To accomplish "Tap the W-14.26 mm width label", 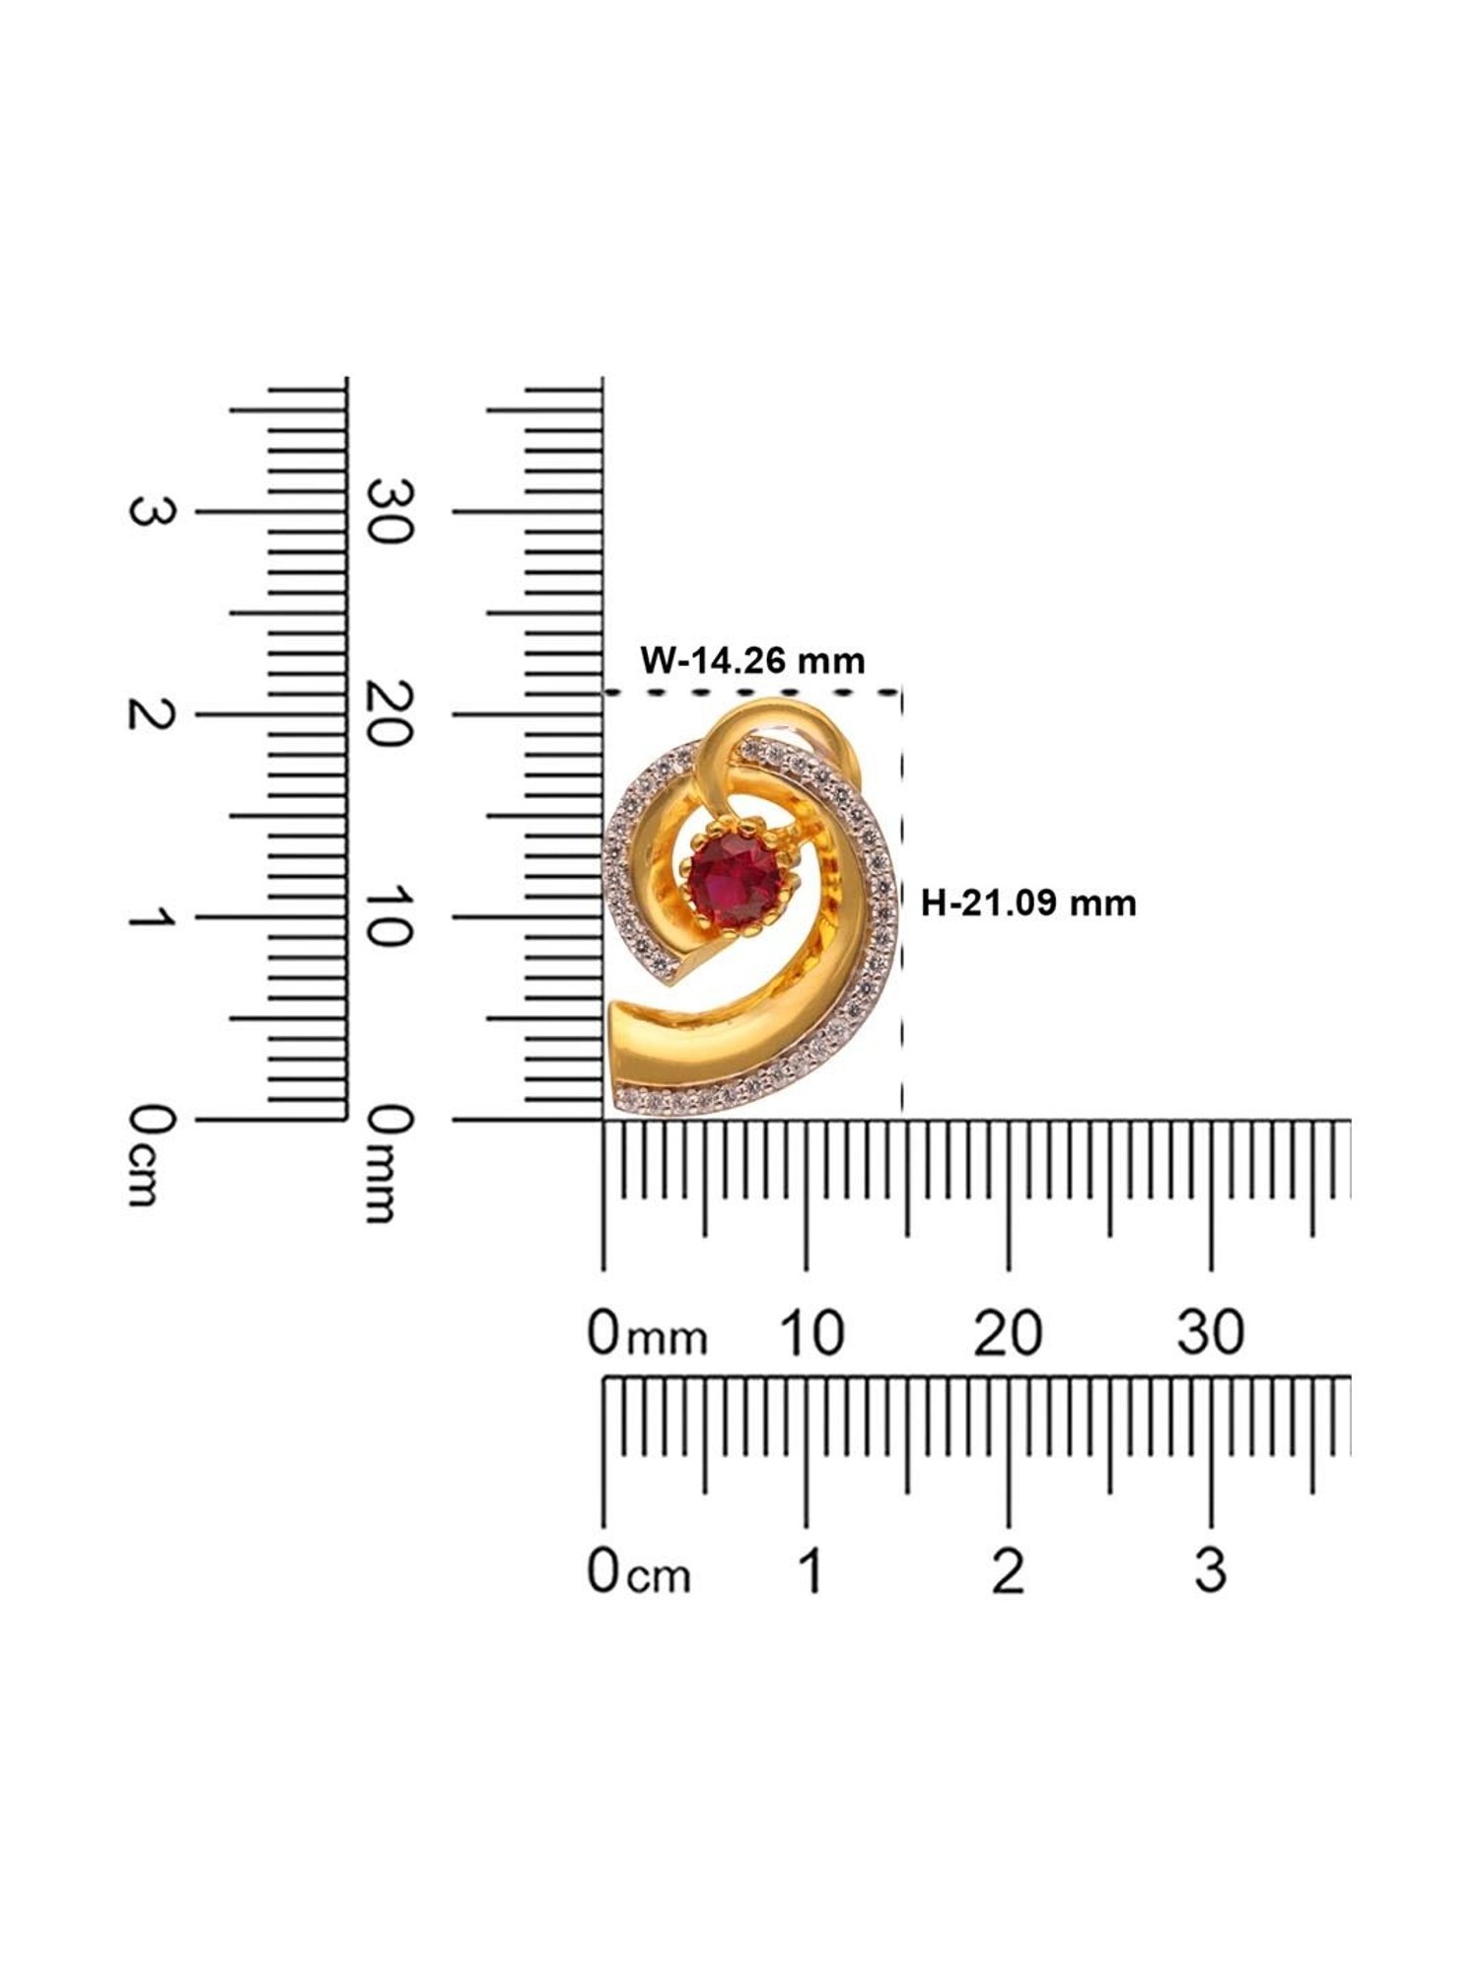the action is point(752,659).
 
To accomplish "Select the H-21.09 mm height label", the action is point(1028,902).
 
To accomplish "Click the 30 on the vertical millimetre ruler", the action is point(387,510).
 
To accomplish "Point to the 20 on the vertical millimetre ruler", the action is point(387,713).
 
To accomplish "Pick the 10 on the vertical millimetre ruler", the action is point(387,916).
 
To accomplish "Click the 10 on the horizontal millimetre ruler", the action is point(811,1333).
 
